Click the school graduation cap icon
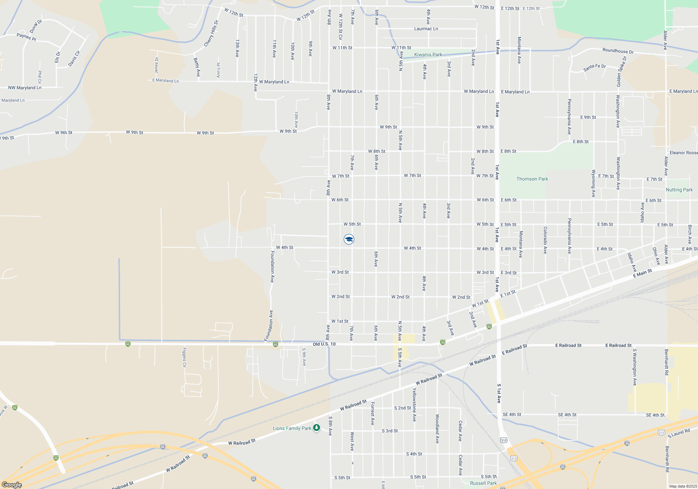coord(349,239)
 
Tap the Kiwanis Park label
coord(428,54)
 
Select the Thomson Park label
coord(532,179)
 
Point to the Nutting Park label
coord(679,190)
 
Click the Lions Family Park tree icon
coord(317,428)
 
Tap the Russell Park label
coord(483,483)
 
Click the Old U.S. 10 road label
coord(324,344)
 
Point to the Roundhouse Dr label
coord(618,51)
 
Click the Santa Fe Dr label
coord(594,67)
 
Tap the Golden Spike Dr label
coord(621,72)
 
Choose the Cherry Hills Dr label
coord(211,34)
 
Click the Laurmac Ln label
coord(426,29)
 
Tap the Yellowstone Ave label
coord(414,404)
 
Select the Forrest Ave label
coord(372,414)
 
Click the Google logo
coord(12,484)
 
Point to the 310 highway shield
coord(503,440)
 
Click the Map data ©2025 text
coord(683,486)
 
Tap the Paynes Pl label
coord(27,37)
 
